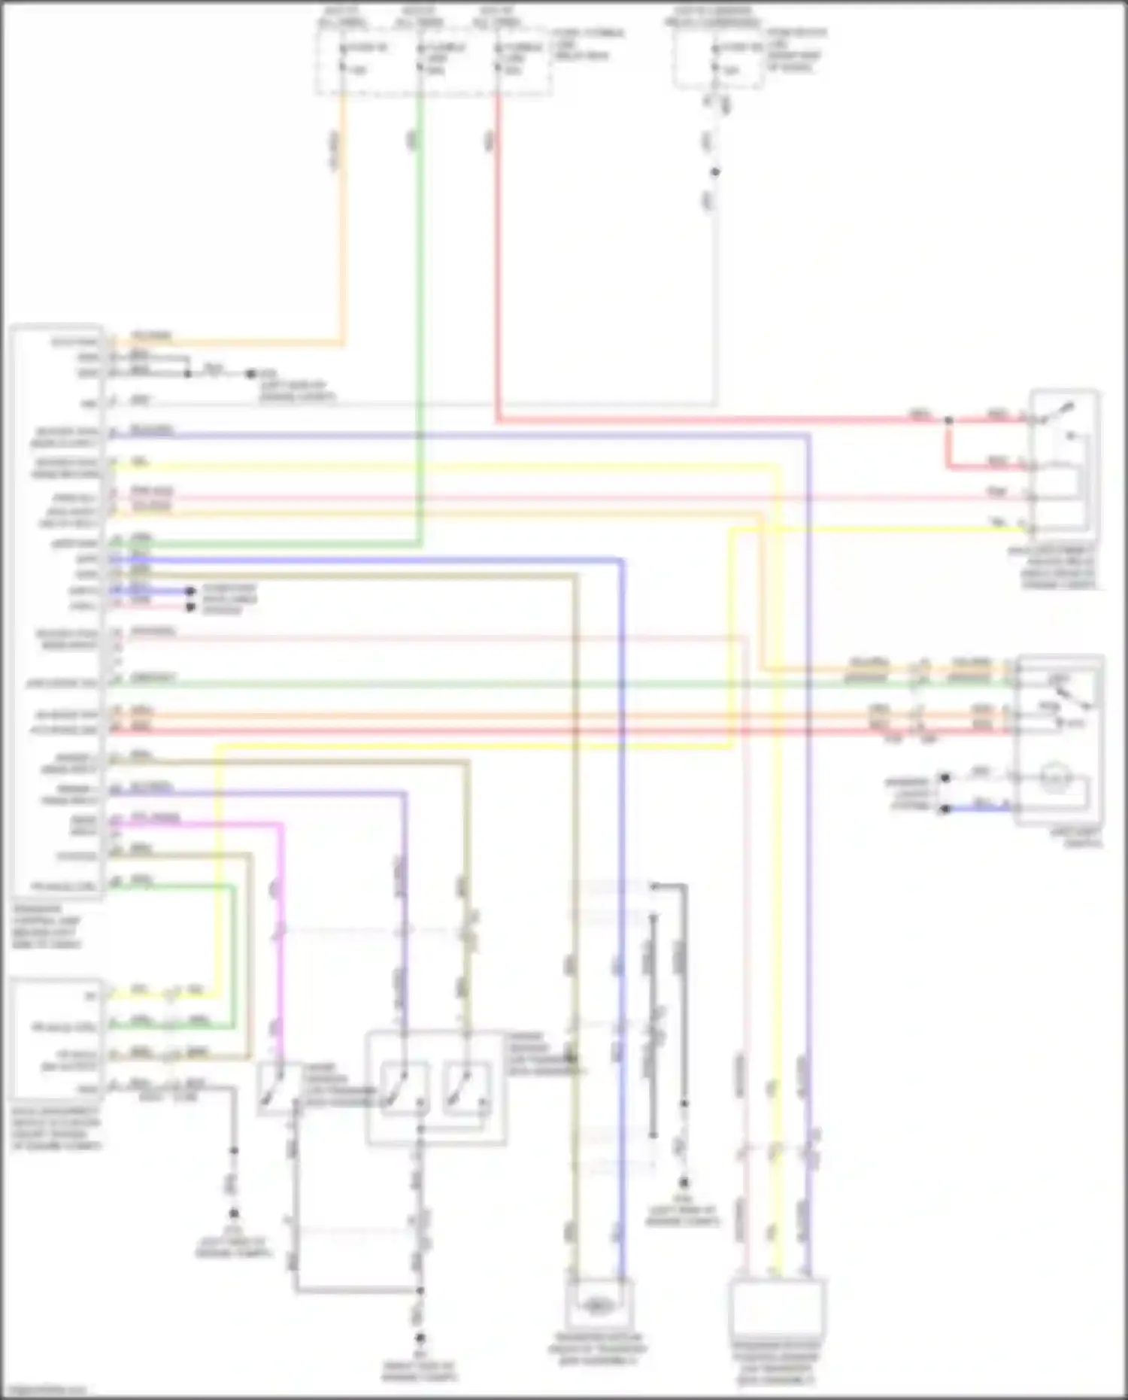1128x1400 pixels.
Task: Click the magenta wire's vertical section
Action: [x=281, y=940]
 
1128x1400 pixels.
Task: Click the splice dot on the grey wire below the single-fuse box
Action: [x=715, y=172]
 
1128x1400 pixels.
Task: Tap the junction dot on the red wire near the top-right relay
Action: [x=948, y=420]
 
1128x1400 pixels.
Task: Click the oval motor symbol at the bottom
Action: [x=598, y=1306]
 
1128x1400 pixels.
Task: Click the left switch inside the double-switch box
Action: [x=405, y=1088]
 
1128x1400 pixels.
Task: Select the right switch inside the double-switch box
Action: [x=467, y=1088]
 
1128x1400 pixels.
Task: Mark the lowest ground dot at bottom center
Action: [x=420, y=1339]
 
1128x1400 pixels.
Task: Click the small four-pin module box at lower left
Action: [x=56, y=1038]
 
